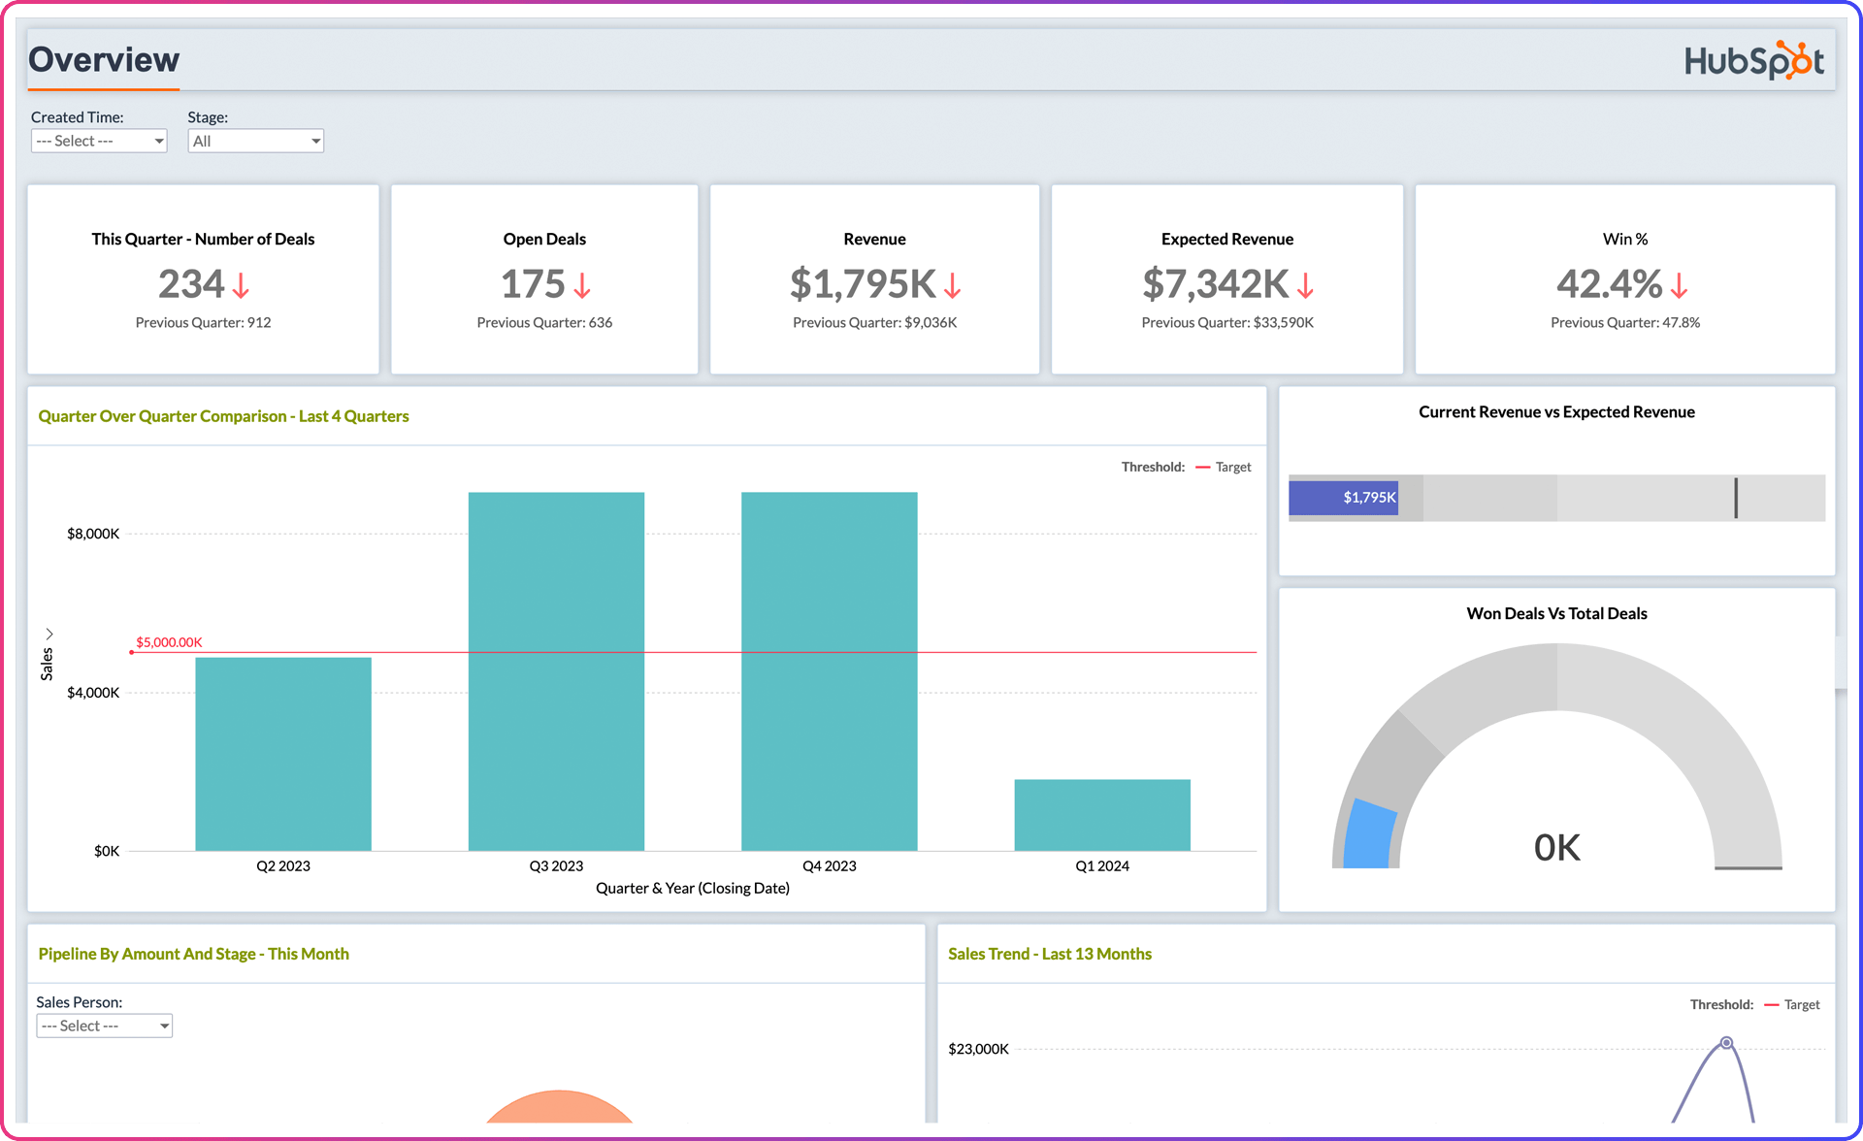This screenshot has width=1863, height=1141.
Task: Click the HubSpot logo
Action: [1753, 60]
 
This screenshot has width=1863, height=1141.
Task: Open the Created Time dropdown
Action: [99, 141]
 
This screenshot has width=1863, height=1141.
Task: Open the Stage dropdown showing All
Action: [255, 141]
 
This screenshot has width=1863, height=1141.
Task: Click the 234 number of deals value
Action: [191, 284]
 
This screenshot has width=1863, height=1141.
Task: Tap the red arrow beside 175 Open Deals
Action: [582, 285]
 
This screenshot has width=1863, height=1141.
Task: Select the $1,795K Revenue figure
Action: [863, 284]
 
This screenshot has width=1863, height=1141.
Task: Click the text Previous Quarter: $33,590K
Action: [1226, 322]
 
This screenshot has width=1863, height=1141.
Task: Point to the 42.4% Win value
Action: [1609, 284]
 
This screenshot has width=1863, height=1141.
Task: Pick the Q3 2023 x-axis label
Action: [556, 865]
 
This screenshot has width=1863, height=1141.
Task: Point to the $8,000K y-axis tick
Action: [93, 534]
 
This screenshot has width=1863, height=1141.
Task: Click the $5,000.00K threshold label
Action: [169, 642]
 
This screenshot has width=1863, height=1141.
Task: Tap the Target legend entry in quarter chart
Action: [1232, 467]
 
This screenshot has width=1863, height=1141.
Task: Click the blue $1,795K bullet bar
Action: [1343, 498]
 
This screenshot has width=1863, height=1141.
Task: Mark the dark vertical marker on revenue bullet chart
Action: [1736, 498]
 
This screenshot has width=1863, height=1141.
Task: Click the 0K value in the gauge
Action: [1556, 848]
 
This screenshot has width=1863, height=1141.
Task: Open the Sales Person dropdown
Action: [104, 1026]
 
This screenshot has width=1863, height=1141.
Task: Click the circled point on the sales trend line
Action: [1726, 1043]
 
